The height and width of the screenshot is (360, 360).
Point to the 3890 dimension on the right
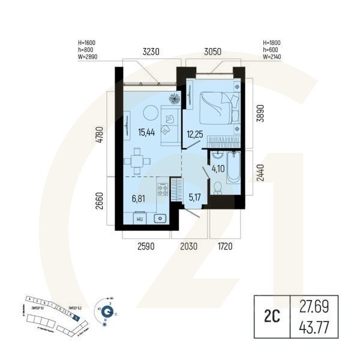259,110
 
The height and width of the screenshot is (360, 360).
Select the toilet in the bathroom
218,189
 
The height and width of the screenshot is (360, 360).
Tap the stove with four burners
163,190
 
